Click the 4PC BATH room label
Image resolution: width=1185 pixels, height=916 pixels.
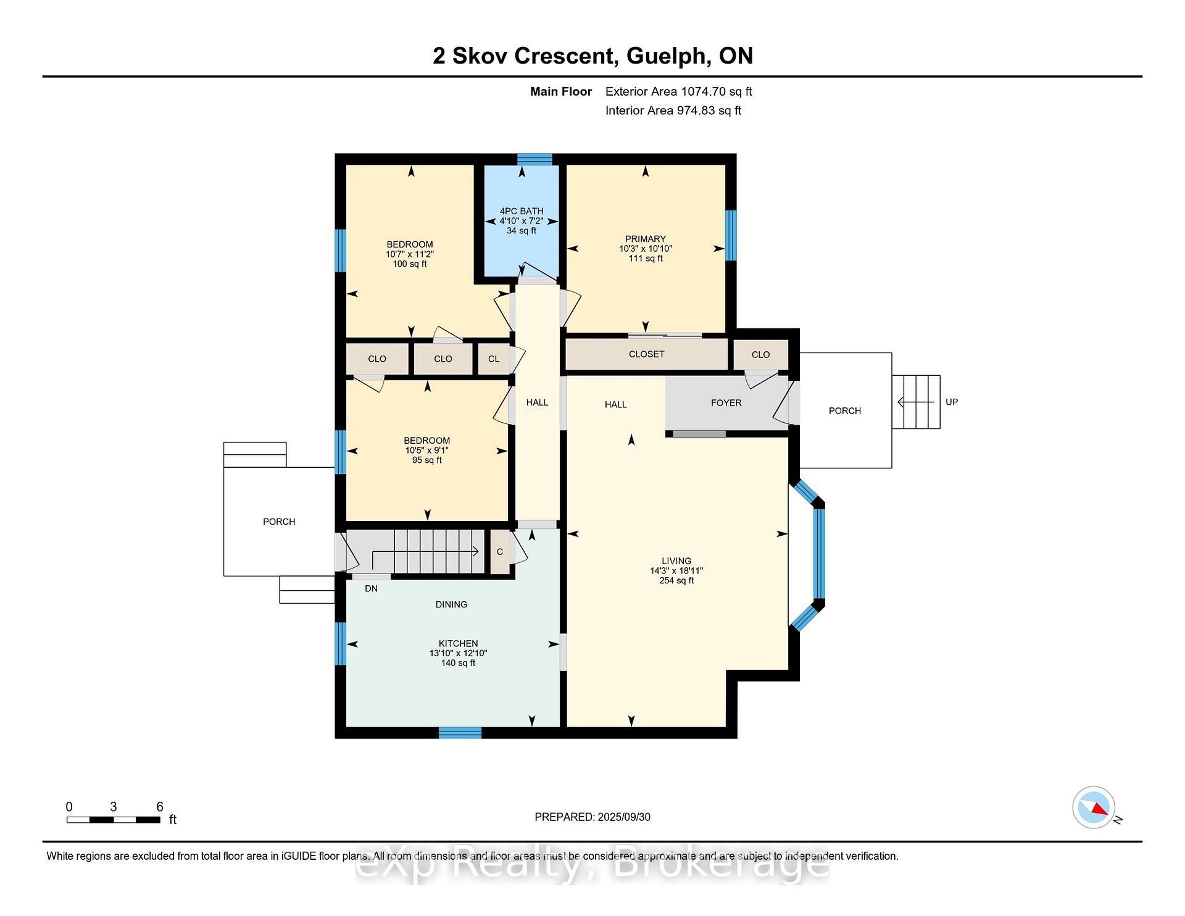point(522,211)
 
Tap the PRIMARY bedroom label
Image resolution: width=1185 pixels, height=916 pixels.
point(645,239)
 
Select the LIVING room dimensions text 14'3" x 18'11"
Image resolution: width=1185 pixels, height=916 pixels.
point(676,571)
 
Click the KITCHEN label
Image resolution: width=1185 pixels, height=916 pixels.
point(459,643)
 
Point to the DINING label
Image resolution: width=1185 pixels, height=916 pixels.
point(451,604)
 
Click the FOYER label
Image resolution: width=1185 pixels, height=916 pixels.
point(726,402)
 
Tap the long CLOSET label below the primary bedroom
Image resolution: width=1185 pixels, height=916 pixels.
point(646,354)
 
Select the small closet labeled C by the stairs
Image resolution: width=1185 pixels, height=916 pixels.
point(500,552)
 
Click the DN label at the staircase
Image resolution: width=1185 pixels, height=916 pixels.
point(371,589)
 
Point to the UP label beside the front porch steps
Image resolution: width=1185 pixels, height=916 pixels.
point(952,402)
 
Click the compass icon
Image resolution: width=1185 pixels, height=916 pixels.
point(1094,807)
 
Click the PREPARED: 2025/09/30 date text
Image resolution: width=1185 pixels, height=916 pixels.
point(592,817)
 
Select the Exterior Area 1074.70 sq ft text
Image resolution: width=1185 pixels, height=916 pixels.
point(679,91)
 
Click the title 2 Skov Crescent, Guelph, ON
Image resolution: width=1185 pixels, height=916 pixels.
point(592,56)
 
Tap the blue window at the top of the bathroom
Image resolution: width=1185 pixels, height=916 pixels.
point(534,159)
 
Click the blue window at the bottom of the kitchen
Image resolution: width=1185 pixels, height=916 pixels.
point(460,733)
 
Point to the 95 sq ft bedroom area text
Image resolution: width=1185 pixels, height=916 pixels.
point(427,460)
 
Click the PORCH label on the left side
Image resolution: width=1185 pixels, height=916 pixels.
point(279,522)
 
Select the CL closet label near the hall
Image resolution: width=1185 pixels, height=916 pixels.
point(494,359)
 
